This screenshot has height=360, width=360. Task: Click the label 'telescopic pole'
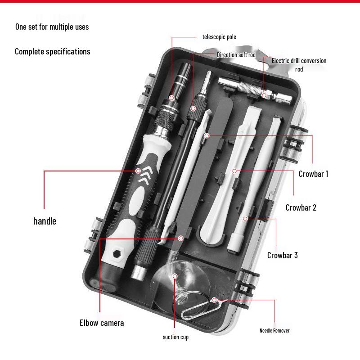(x=219, y=37)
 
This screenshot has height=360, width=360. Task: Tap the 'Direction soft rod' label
(x=236, y=55)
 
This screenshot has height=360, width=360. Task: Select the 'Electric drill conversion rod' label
(x=299, y=65)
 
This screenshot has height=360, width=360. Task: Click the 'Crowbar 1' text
(x=313, y=174)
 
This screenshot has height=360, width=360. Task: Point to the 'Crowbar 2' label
(x=301, y=207)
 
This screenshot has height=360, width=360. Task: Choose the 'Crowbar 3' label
(x=282, y=255)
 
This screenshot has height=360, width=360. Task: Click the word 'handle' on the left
(x=45, y=221)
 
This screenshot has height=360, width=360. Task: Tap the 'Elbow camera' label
(x=102, y=323)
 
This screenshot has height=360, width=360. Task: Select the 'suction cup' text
(x=175, y=337)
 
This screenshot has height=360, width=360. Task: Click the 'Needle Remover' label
(x=274, y=331)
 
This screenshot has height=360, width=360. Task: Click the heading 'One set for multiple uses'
(x=52, y=27)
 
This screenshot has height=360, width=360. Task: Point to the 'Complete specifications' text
(x=52, y=51)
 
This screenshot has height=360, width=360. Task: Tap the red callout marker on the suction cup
(x=175, y=276)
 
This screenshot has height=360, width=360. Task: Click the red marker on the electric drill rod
(x=264, y=94)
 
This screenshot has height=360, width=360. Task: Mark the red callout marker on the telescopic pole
(x=171, y=98)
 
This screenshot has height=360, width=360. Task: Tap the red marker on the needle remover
(x=214, y=300)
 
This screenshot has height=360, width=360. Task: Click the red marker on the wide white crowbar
(x=234, y=171)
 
